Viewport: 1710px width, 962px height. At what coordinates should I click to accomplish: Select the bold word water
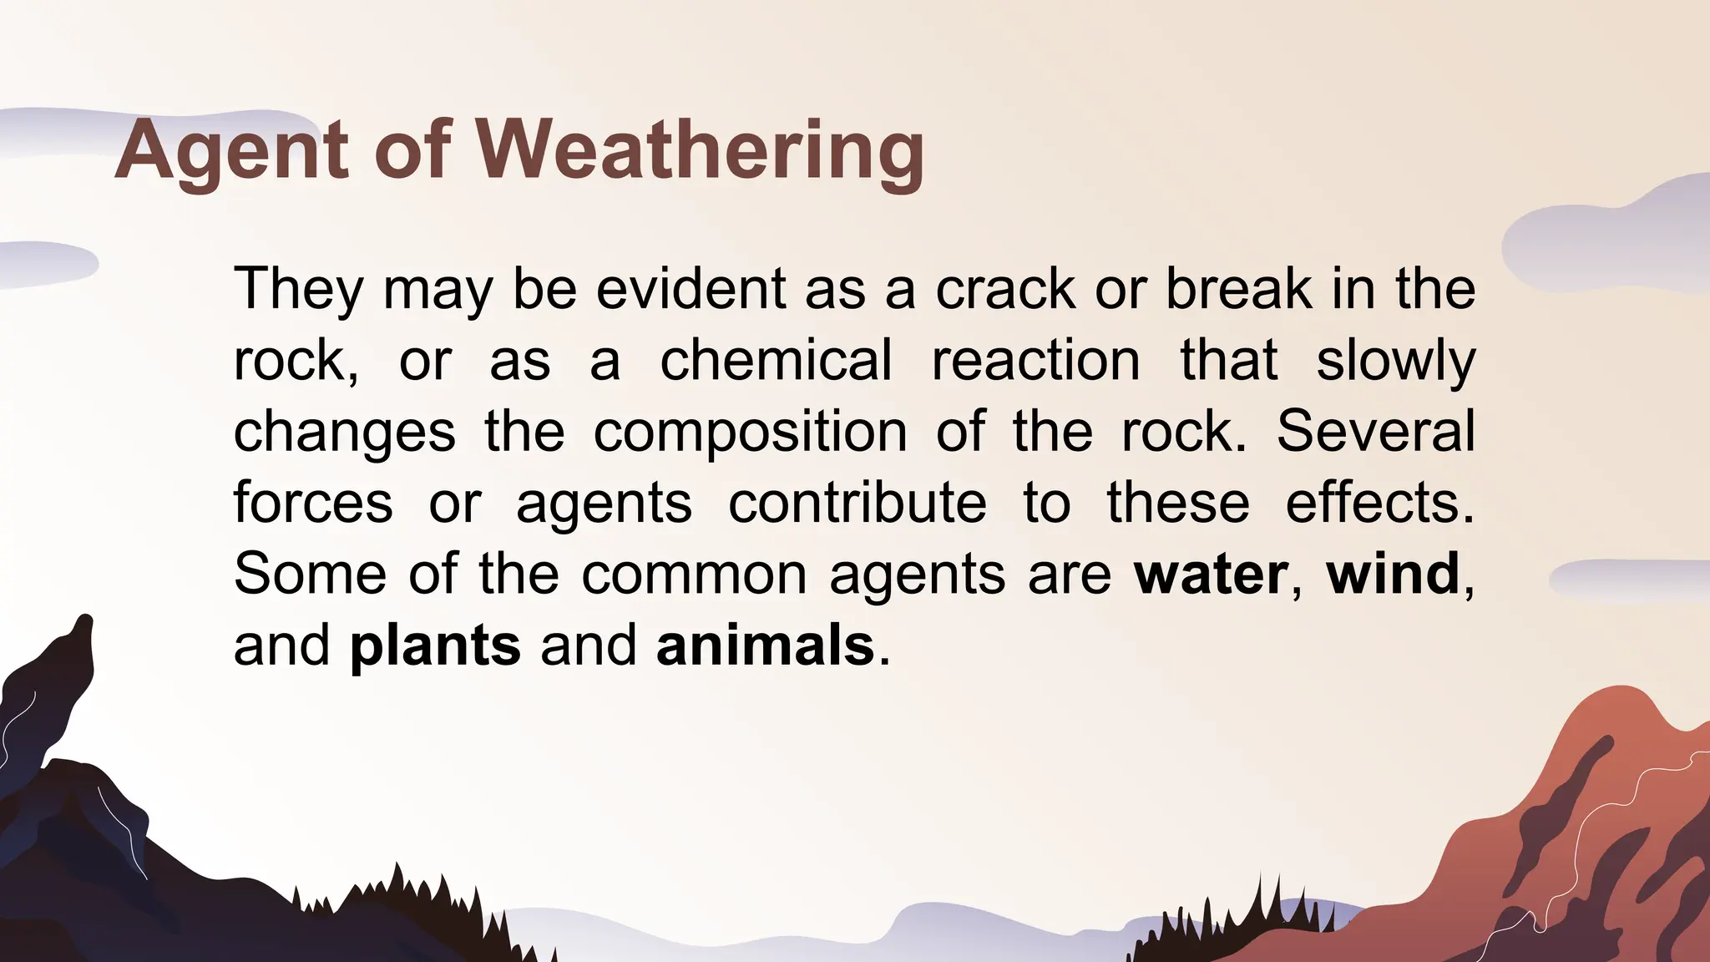pyautogui.click(x=1211, y=575)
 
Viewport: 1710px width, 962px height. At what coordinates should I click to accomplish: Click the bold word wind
pyautogui.click(x=1393, y=575)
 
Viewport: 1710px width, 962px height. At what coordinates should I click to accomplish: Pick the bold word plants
pyautogui.click(x=435, y=646)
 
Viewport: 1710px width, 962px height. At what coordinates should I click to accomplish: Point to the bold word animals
pyautogui.click(x=765, y=646)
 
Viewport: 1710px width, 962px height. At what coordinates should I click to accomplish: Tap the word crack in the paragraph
pyautogui.click(x=1005, y=289)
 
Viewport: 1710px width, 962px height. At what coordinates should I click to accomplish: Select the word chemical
pyautogui.click(x=776, y=361)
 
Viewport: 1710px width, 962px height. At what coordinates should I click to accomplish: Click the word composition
pyautogui.click(x=750, y=432)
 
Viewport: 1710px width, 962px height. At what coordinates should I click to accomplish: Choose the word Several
pyautogui.click(x=1375, y=432)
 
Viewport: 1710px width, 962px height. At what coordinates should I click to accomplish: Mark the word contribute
pyautogui.click(x=858, y=504)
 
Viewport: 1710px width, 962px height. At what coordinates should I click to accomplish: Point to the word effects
pyautogui.click(x=1379, y=504)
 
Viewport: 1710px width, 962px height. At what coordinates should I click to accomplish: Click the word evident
pyautogui.click(x=691, y=289)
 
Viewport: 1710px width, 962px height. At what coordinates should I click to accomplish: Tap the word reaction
pyautogui.click(x=1035, y=361)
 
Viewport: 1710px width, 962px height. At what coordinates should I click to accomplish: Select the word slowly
pyautogui.click(x=1395, y=361)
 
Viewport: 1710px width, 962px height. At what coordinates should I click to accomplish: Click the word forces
pyautogui.click(x=313, y=504)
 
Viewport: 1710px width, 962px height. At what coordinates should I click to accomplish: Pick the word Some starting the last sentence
pyautogui.click(x=310, y=575)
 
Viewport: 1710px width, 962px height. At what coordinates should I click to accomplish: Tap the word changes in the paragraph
pyautogui.click(x=344, y=432)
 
